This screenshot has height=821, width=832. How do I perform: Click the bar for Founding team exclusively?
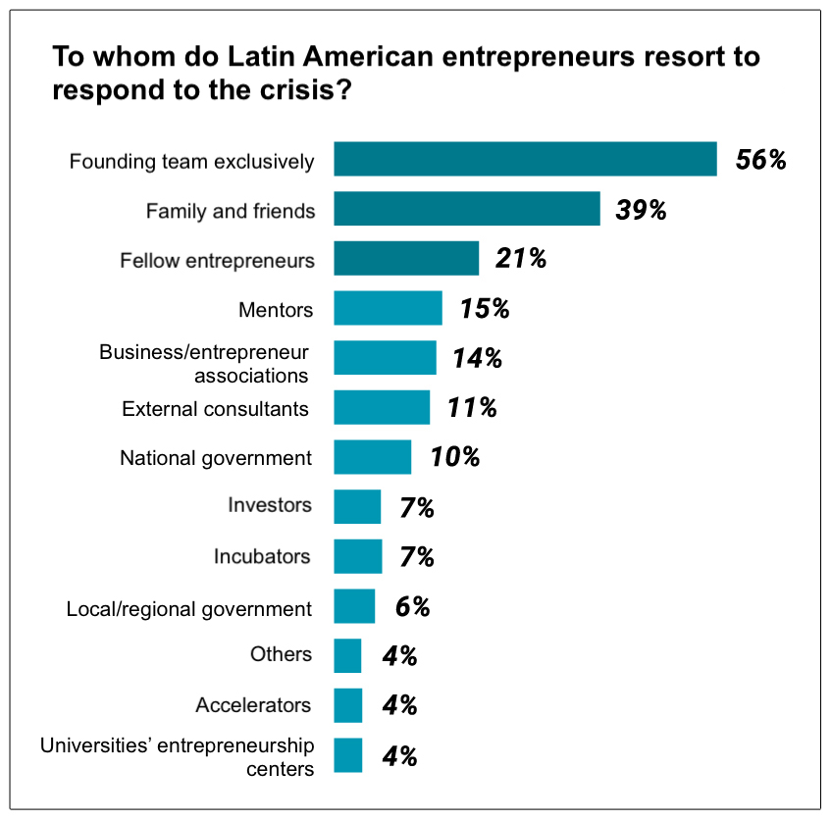(525, 159)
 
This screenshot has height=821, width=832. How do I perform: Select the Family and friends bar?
(466, 209)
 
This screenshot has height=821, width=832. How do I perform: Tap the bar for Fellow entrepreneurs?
(406, 259)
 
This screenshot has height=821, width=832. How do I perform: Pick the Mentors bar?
(388, 308)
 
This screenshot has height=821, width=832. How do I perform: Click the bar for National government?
(372, 457)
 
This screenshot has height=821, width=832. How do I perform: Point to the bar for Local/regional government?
(354, 606)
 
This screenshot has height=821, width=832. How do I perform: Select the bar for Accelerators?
(347, 705)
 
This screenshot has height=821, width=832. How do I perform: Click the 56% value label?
(761, 160)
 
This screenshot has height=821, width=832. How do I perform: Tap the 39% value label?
(641, 210)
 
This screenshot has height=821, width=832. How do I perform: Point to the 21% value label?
(520, 259)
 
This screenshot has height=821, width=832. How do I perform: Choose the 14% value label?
(477, 358)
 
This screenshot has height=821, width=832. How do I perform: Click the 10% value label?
(454, 457)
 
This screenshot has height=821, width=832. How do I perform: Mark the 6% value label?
(413, 607)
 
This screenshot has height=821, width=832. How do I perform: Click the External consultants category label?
(215, 408)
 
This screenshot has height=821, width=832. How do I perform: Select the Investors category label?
(270, 506)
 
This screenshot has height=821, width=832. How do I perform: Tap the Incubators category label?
(262, 556)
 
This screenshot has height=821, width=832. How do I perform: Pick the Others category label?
(282, 654)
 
